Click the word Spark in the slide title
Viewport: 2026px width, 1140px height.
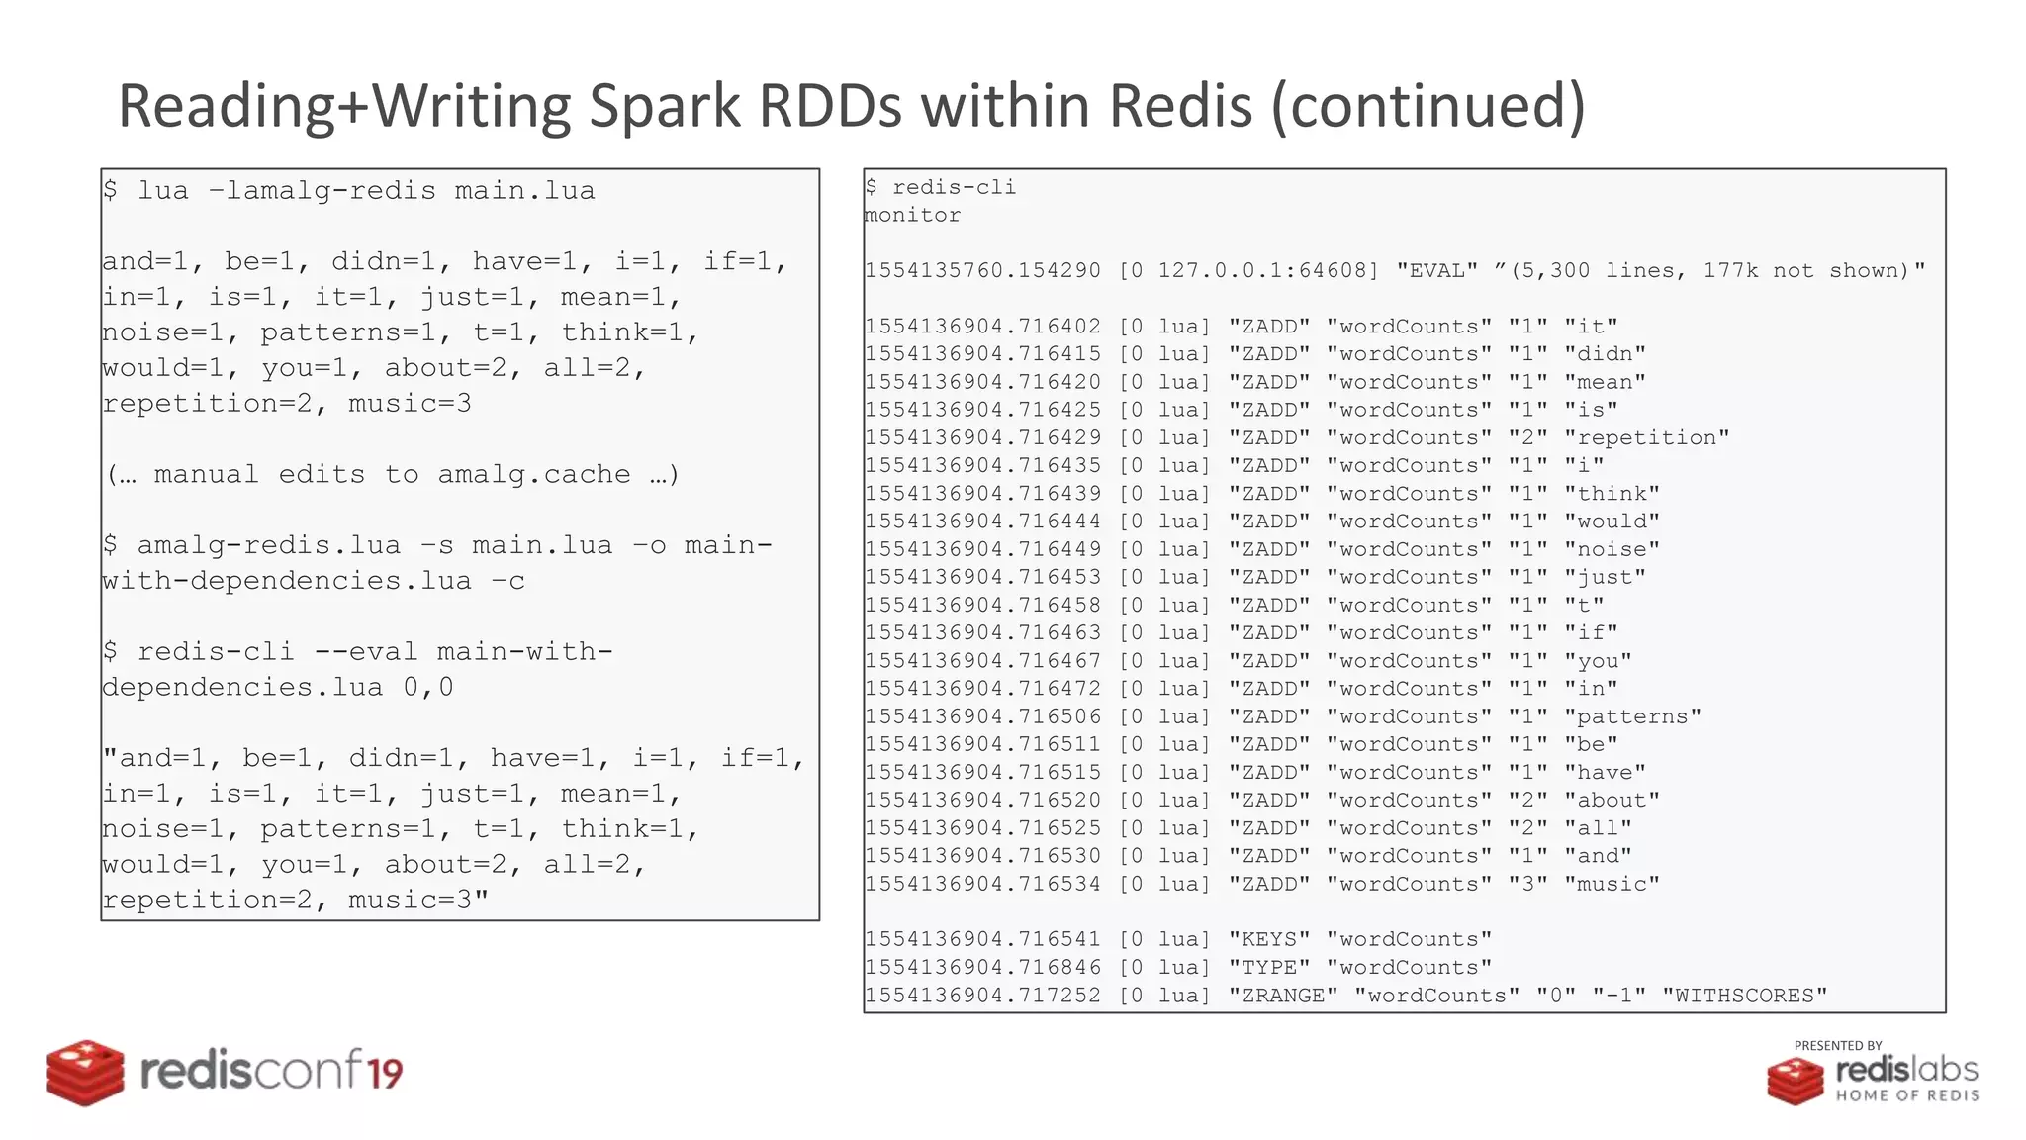click(x=664, y=106)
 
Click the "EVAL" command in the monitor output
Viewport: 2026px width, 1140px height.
click(x=1436, y=270)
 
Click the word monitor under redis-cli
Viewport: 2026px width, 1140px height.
click(x=912, y=215)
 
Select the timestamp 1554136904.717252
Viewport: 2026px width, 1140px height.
click(x=982, y=995)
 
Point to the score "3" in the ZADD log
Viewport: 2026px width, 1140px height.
click(x=1527, y=883)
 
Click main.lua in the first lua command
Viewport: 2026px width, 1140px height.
click(x=524, y=190)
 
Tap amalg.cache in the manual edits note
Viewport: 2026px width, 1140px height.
click(x=534, y=474)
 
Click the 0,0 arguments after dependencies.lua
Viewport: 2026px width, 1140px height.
click(x=428, y=687)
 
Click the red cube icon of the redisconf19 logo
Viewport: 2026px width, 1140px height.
click(x=85, y=1073)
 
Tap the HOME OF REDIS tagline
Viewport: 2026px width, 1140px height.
click(x=1906, y=1095)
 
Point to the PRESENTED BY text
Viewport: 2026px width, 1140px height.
click(x=1837, y=1045)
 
